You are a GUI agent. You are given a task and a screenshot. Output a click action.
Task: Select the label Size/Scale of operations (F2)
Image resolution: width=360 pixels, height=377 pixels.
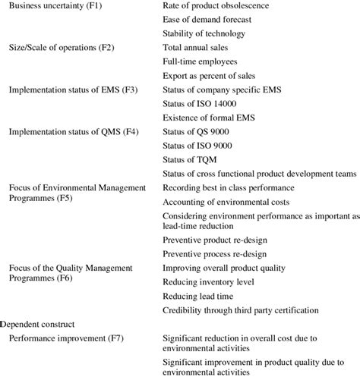tap(60, 48)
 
